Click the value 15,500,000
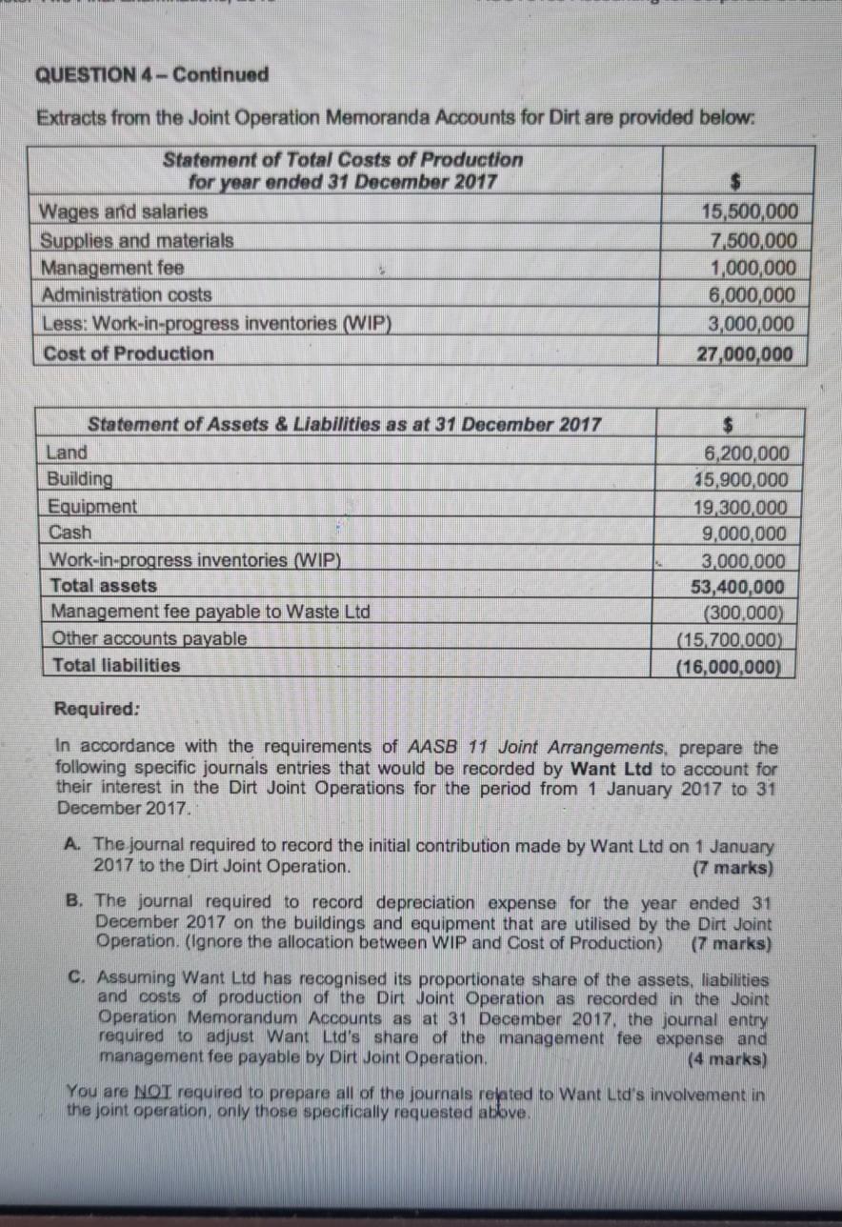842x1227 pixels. [x=750, y=211]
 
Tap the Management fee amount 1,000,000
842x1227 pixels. [x=753, y=268]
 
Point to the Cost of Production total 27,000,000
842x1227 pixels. [x=746, y=353]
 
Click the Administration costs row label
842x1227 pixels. [x=128, y=295]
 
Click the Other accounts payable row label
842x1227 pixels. [x=149, y=638]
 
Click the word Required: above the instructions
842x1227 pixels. [x=97, y=709]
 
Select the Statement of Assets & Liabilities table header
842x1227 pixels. [x=344, y=425]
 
